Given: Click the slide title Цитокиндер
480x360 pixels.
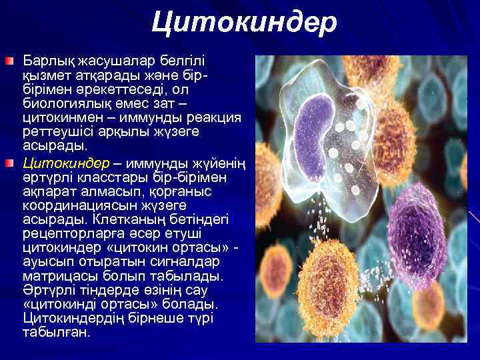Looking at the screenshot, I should (243, 23).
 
